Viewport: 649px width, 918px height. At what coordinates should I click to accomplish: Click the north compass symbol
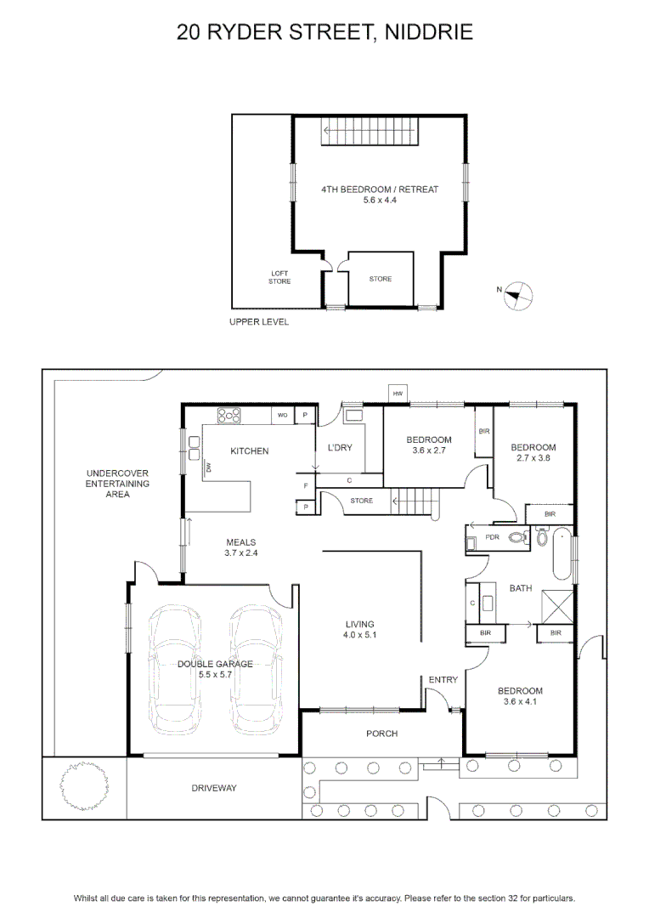click(517, 296)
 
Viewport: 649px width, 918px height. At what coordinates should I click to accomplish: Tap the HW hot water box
click(398, 394)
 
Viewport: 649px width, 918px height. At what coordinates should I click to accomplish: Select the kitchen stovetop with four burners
click(229, 416)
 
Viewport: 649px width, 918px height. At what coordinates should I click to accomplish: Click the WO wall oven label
click(283, 415)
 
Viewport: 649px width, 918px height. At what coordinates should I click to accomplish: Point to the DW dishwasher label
click(208, 467)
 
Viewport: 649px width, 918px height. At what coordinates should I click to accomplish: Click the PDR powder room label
click(492, 537)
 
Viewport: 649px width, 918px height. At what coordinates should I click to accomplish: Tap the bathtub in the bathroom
click(562, 554)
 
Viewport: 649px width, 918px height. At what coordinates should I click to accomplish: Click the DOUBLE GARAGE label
click(216, 664)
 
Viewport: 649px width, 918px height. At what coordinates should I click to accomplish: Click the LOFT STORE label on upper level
click(279, 277)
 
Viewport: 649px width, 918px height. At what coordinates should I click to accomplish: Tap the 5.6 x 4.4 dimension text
click(380, 201)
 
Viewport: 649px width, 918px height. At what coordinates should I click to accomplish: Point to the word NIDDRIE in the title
click(428, 32)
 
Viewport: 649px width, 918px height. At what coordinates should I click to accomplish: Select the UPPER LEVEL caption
click(258, 322)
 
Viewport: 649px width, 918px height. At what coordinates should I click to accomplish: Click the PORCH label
click(381, 734)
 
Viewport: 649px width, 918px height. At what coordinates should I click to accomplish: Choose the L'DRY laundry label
click(340, 447)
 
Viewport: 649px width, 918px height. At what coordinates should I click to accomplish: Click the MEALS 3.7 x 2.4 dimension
click(241, 552)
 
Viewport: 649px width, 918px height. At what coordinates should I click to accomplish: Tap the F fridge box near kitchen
click(306, 485)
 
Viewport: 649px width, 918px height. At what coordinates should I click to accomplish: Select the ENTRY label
click(443, 680)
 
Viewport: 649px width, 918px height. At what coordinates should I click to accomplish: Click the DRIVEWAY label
click(214, 788)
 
